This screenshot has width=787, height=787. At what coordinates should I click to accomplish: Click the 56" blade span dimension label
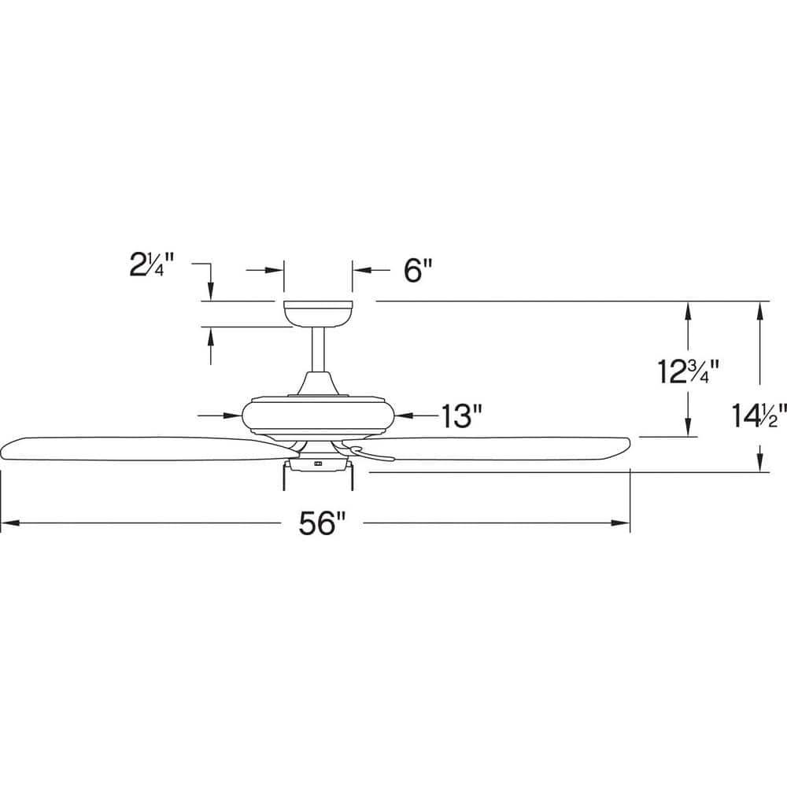tap(323, 523)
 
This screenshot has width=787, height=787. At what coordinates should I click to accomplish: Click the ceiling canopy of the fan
tap(317, 312)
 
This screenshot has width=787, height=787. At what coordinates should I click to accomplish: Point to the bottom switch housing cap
tap(318, 465)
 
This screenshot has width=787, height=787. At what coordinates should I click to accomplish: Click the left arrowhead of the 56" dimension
tap(8, 523)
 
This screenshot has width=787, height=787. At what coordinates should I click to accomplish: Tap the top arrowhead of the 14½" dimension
tap(760, 309)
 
